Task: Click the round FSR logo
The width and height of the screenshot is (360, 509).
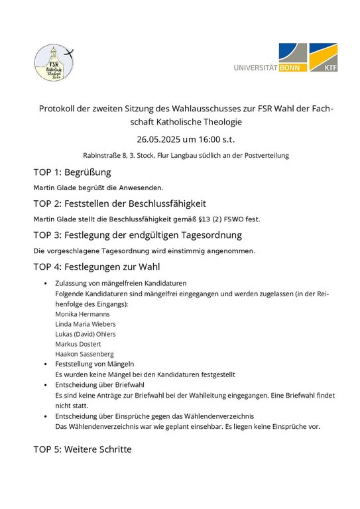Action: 55,64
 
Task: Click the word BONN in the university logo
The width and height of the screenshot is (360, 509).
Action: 290,68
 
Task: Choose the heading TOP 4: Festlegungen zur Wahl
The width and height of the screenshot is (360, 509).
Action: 96,267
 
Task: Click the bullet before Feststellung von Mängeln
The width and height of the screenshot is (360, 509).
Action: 45,365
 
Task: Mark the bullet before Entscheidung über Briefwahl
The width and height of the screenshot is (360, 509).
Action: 45,384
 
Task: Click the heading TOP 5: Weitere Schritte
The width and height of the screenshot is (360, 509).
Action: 82,449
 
